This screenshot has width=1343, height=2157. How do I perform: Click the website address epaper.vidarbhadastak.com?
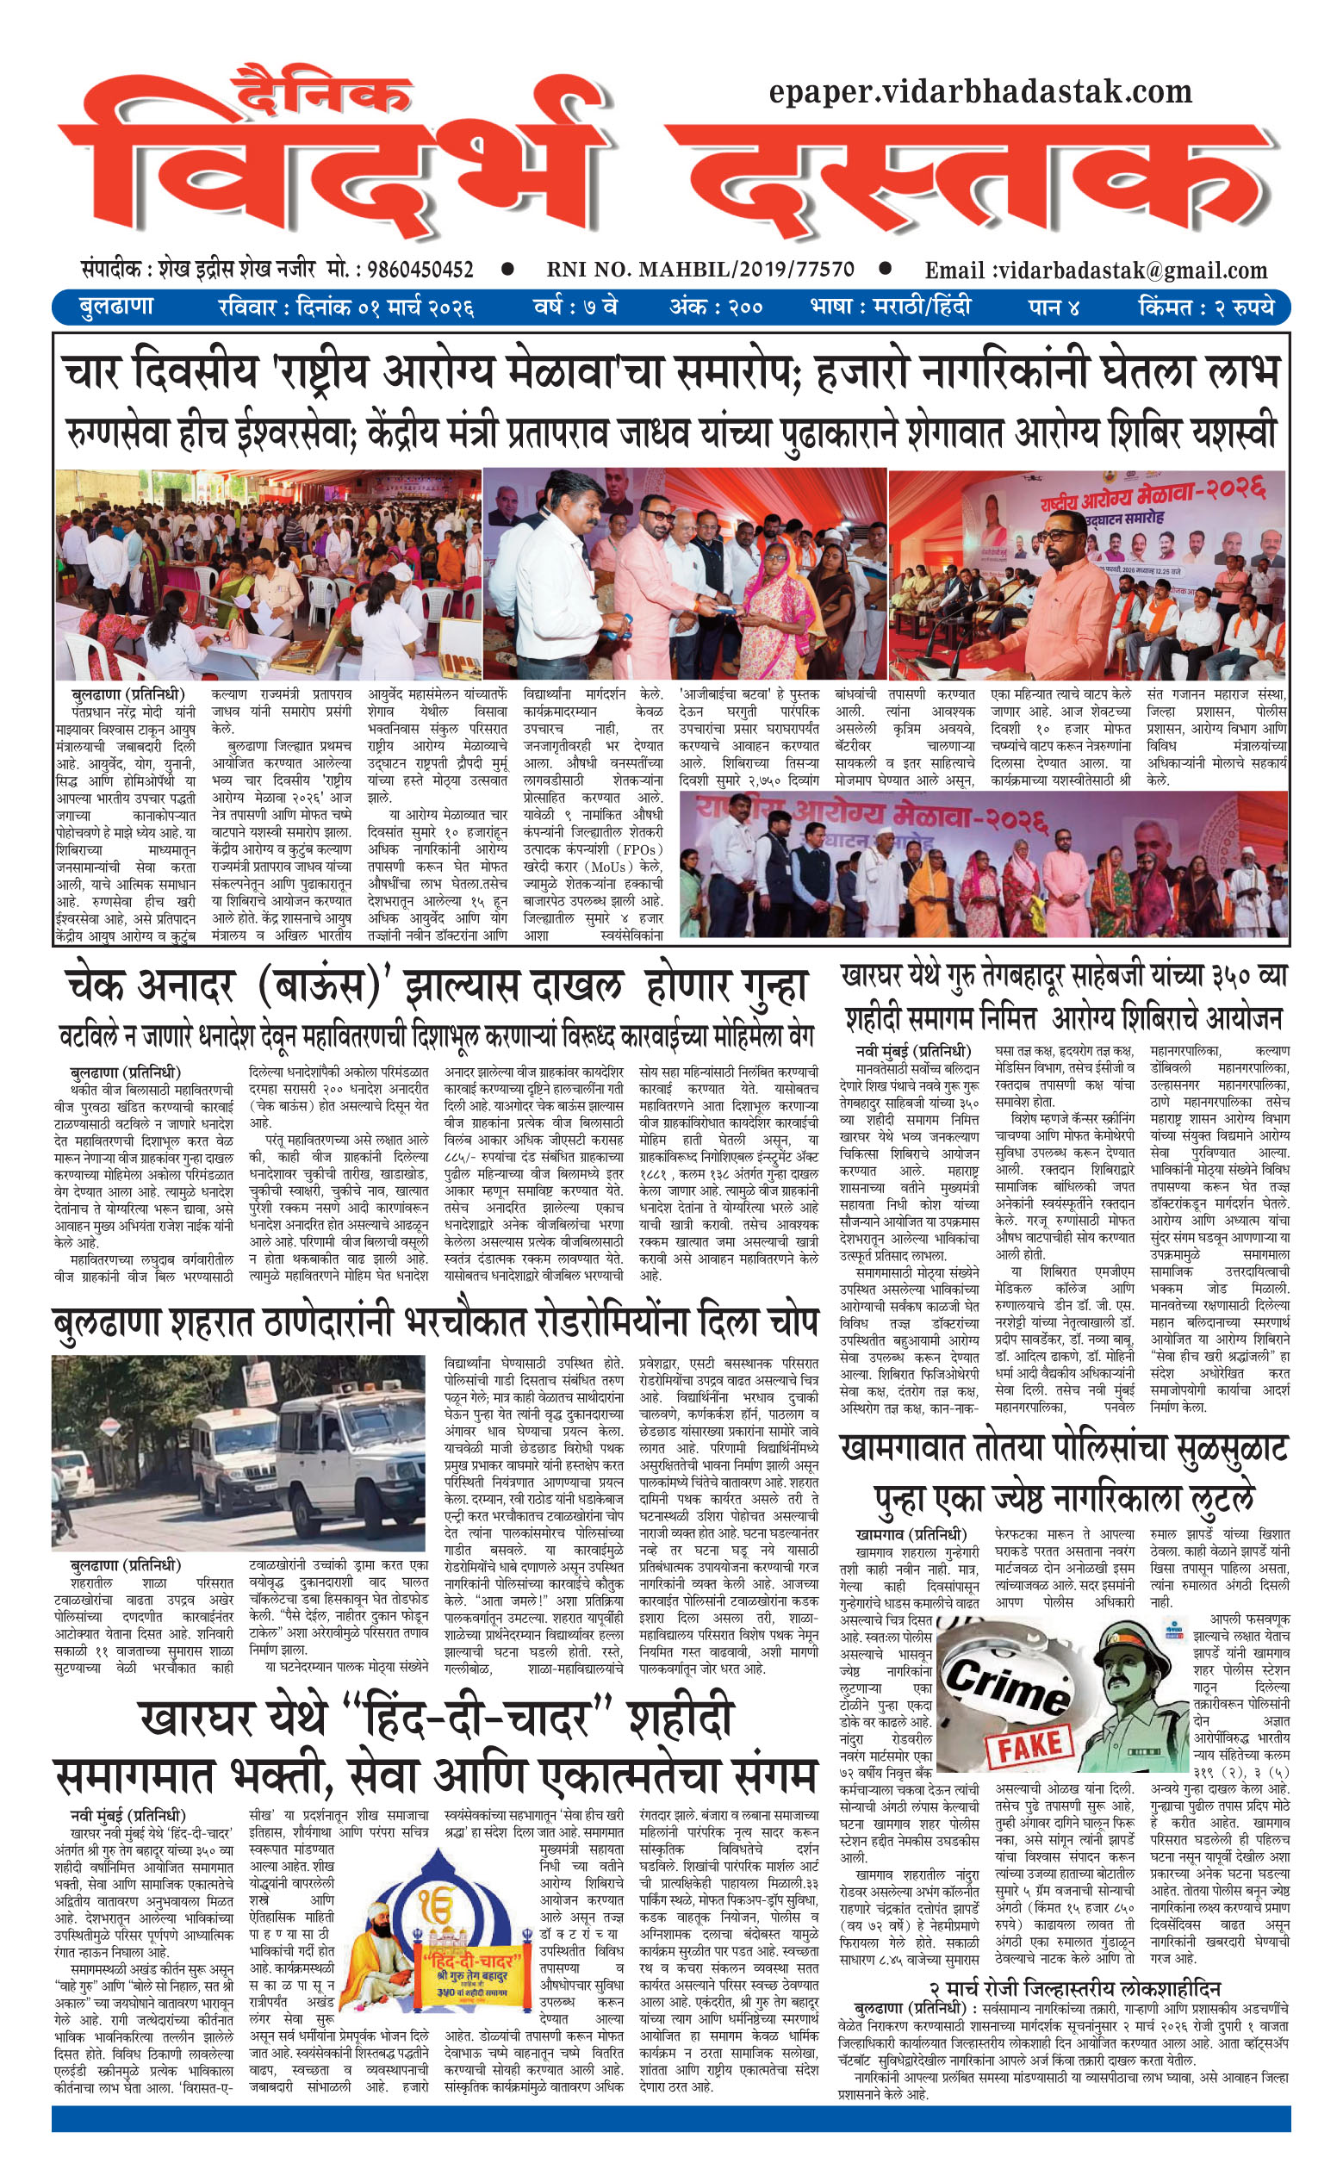pyautogui.click(x=979, y=90)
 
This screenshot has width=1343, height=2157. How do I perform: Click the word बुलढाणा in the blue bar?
pyautogui.click(x=115, y=308)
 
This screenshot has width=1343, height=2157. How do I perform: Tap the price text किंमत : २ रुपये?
pyautogui.click(x=1205, y=308)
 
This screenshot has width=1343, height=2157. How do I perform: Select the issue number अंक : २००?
pyautogui.click(x=716, y=308)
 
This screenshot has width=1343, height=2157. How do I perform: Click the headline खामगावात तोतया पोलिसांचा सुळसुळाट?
pyautogui.click(x=1063, y=1450)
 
